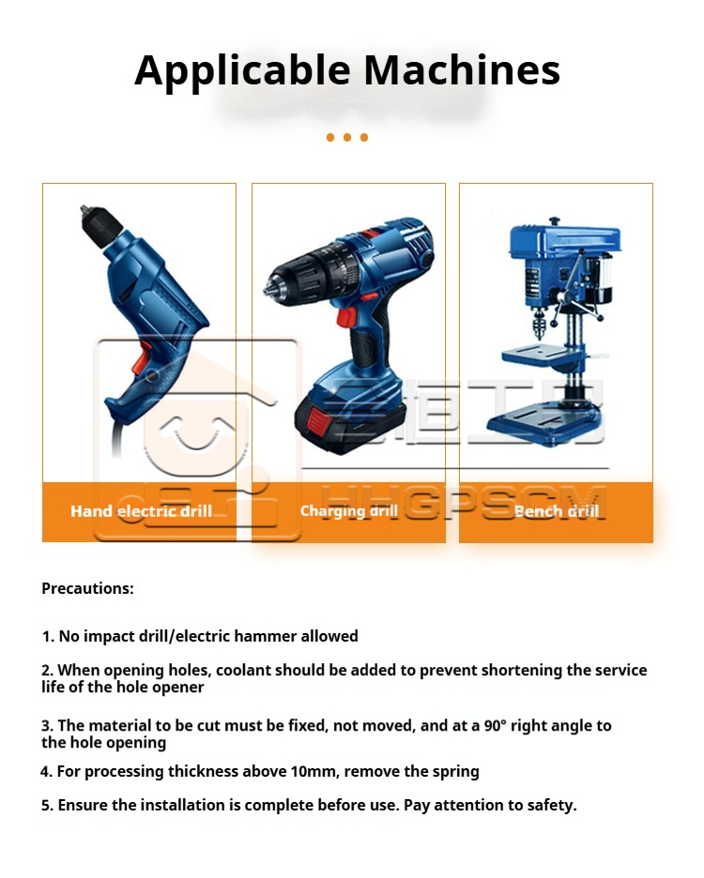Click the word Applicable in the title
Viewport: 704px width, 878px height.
(243, 71)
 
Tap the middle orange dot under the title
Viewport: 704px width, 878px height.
(347, 137)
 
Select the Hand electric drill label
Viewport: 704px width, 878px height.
(141, 510)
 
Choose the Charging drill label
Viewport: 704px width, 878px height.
(348, 510)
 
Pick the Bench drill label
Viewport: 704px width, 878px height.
(556, 510)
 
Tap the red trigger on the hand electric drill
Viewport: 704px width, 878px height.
(142, 359)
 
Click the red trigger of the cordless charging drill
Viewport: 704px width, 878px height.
(346, 317)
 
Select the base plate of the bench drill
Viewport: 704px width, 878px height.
(543, 424)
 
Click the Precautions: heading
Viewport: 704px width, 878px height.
(88, 588)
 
